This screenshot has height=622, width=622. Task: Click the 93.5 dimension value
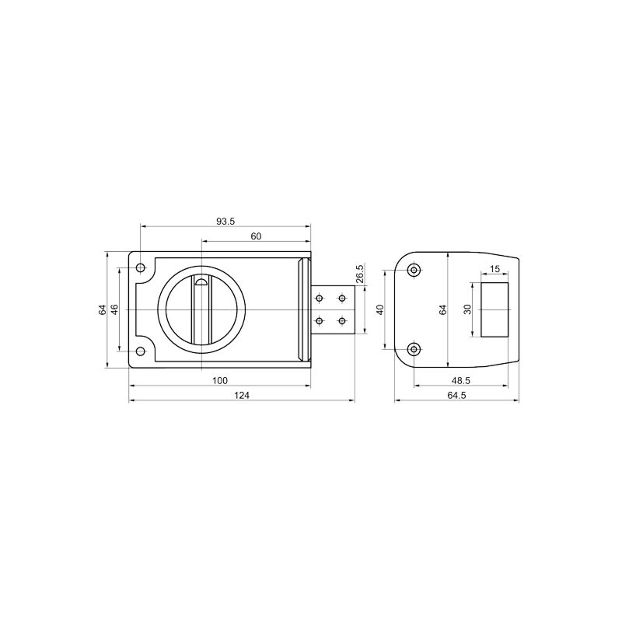tap(225, 222)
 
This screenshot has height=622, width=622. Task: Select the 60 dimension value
tap(257, 236)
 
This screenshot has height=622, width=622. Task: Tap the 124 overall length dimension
tap(242, 395)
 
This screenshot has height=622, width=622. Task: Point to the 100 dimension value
tap(220, 381)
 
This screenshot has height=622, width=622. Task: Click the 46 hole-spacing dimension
tap(114, 309)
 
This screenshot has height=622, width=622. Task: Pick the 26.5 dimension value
tap(360, 274)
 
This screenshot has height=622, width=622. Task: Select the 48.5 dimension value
tap(460, 381)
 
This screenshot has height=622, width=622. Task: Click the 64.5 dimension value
tap(456, 395)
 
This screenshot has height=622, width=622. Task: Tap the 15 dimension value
tap(494, 269)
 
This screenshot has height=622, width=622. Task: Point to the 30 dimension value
tap(467, 309)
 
